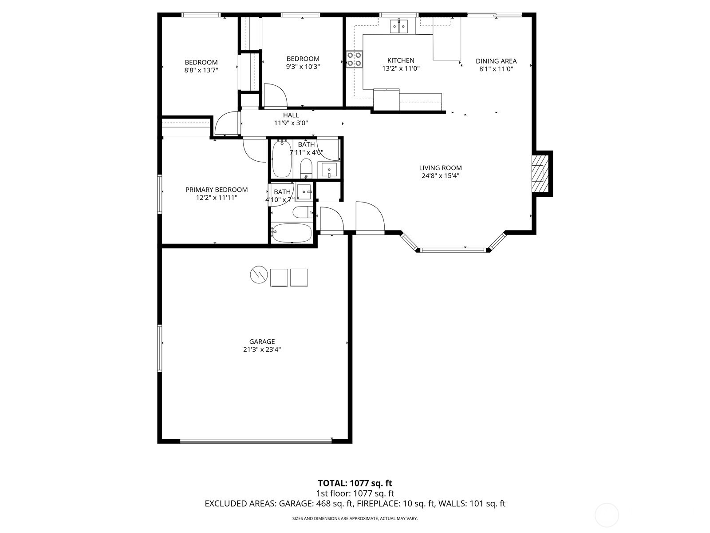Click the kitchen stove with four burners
(354, 60)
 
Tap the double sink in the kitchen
(399, 26)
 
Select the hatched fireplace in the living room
(540, 174)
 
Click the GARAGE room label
(262, 342)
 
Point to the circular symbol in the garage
(259, 275)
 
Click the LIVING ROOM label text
(440, 167)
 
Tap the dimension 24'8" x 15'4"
(440, 176)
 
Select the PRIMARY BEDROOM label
(217, 190)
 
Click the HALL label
(291, 115)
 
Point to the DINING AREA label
(496, 61)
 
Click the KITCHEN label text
(401, 60)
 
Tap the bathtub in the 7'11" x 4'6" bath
(282, 159)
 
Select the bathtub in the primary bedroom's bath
(292, 233)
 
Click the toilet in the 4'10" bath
(303, 212)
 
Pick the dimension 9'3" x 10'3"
(303, 67)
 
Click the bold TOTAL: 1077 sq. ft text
(355, 483)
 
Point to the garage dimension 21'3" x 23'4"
(262, 350)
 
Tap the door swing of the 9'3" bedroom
(276, 96)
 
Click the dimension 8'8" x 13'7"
(201, 70)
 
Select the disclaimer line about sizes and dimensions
(355, 518)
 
